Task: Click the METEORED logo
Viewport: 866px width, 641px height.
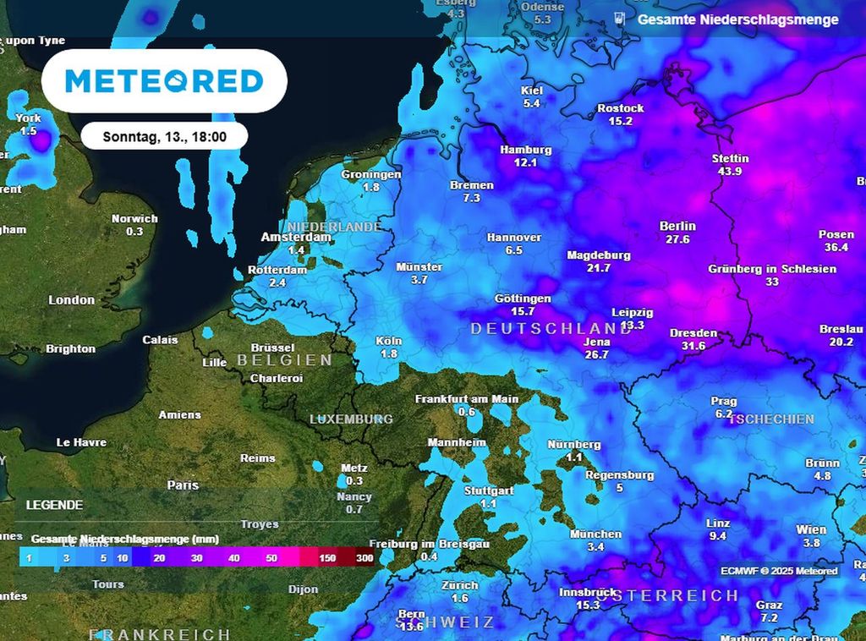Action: tap(164, 81)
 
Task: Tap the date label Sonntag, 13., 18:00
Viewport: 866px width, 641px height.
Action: tap(164, 136)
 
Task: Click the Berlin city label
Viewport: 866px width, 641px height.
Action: tap(677, 226)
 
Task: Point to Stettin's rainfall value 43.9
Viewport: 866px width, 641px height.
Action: tap(729, 171)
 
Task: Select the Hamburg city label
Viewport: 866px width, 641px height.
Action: tap(525, 150)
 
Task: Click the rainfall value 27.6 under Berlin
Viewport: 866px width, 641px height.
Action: tap(677, 239)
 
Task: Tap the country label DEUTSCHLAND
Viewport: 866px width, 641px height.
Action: tap(551, 328)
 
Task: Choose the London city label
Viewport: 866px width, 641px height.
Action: tap(72, 300)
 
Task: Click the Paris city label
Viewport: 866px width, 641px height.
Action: tap(183, 485)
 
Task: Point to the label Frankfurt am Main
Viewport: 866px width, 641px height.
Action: tap(467, 398)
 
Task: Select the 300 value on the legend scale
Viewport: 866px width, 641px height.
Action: tap(364, 558)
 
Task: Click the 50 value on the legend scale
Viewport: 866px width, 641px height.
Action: tap(271, 558)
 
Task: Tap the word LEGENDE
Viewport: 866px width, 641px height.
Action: tap(54, 505)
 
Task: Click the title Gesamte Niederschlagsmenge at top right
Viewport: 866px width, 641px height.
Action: tap(737, 19)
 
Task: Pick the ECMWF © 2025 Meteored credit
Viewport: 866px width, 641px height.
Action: tap(779, 571)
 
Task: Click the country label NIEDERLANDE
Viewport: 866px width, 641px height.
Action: tap(333, 227)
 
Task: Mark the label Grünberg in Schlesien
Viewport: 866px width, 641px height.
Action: tap(772, 269)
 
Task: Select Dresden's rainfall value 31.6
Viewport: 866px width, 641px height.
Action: tap(693, 346)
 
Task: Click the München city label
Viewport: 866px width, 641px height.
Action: tap(595, 534)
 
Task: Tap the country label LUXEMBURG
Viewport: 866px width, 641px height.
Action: tap(351, 419)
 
